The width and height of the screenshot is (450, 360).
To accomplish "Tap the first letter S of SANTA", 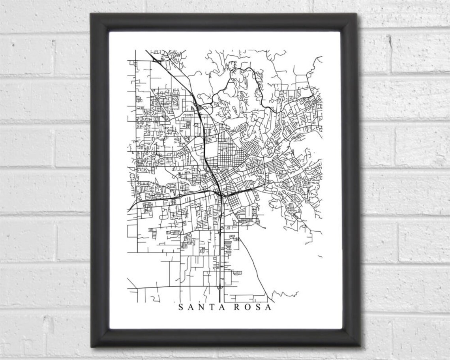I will (x=181, y=307).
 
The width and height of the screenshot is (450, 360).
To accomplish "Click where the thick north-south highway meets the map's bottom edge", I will (x=219, y=302).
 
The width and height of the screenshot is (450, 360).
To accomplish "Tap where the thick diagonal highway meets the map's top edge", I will (x=146, y=50).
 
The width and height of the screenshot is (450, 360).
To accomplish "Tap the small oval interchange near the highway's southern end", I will (x=219, y=287).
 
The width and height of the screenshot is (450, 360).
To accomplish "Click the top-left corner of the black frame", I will (x=92, y=15).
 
